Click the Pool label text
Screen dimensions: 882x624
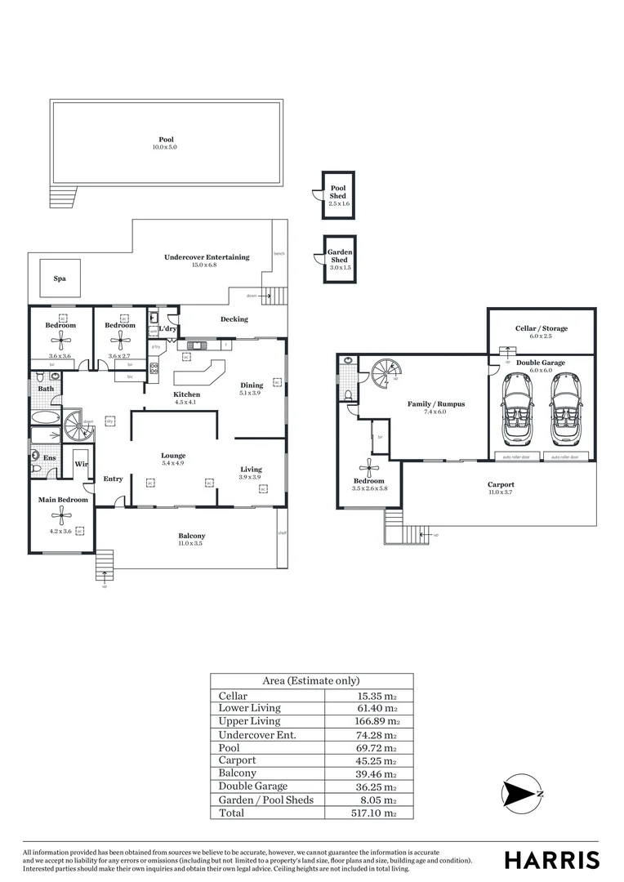pos(166,140)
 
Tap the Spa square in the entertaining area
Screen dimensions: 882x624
pos(60,278)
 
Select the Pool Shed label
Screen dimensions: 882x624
pos(338,193)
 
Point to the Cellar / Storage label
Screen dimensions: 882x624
pos(541,328)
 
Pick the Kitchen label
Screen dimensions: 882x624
pos(186,394)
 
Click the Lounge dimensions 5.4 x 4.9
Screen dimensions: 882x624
pos(173,464)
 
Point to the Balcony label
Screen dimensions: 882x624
pos(191,537)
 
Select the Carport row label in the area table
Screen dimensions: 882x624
pos(237,760)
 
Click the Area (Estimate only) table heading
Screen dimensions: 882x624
pos(310,681)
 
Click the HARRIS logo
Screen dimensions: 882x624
pos(551,860)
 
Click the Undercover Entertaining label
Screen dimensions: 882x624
pos(207,257)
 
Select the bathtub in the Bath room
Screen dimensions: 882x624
pos(47,417)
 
